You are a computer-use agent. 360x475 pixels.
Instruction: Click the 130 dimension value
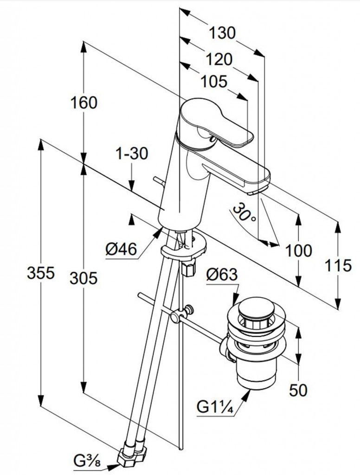point(222,33)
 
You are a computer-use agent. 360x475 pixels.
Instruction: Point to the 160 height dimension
point(84,103)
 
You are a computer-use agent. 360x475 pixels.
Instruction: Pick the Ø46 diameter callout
point(121,250)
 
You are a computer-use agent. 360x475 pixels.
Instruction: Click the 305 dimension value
point(84,278)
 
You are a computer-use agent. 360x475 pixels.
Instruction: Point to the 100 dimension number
point(298,251)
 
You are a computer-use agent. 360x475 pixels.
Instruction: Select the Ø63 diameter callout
point(221,276)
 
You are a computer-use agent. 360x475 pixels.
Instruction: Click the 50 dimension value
point(298,390)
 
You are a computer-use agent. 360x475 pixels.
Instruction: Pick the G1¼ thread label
point(214,408)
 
